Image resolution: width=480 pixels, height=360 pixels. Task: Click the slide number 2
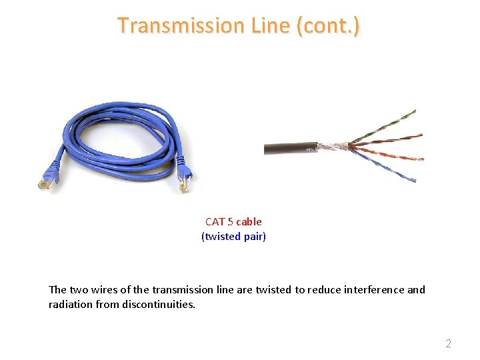coord(448,343)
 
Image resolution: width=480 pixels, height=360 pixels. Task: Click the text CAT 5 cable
coord(233,221)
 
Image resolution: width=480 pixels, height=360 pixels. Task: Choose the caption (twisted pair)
coord(233,236)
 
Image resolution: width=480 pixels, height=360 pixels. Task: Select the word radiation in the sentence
coord(69,304)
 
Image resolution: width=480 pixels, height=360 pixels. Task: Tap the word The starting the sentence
coord(57,289)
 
